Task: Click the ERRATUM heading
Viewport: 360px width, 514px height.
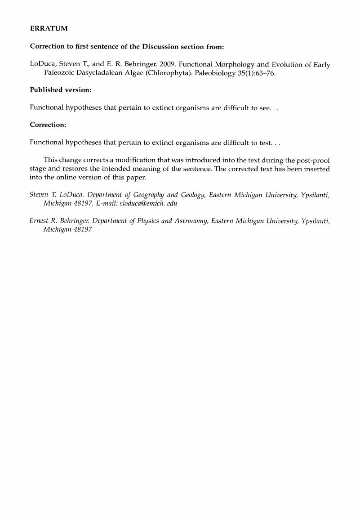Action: [x=49, y=29]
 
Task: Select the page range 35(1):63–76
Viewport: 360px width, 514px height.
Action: [x=253, y=73]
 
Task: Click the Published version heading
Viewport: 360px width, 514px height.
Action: [x=61, y=90]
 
